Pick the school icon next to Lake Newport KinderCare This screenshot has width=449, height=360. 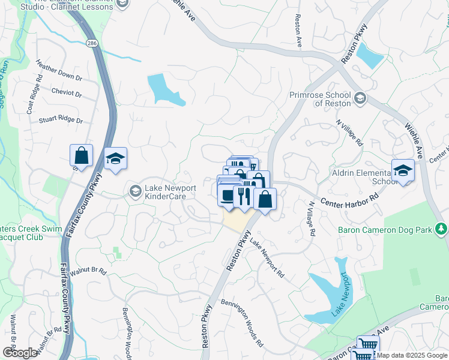134,191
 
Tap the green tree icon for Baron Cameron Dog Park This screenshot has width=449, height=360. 441,229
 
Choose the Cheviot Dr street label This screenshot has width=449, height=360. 67,94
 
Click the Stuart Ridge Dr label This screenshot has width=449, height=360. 61,120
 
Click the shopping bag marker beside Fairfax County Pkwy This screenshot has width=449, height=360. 81,155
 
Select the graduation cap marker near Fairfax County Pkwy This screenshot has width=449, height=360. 115,158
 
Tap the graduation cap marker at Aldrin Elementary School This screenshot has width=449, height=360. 403,170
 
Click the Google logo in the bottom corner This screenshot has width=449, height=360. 20,353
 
